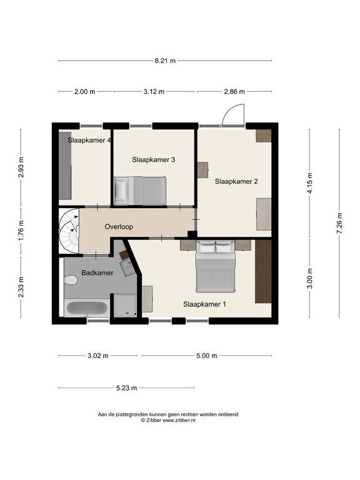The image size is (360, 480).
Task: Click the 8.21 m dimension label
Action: [x=165, y=61]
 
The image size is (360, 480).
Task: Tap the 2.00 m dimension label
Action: [x=84, y=91]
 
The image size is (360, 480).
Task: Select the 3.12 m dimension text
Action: [x=154, y=91]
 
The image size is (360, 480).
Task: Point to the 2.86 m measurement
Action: [x=234, y=91]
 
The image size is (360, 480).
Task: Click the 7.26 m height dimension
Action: [x=339, y=223]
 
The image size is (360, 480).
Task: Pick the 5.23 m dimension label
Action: [x=126, y=388]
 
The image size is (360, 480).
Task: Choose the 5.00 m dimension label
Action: [x=207, y=356]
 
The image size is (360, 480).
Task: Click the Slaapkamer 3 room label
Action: [x=153, y=159]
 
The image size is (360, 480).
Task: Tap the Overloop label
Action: [x=119, y=227]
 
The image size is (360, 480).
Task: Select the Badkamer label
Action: [x=97, y=272]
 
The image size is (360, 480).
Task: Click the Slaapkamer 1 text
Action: [x=204, y=304]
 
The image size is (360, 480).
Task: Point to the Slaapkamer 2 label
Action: [x=236, y=181]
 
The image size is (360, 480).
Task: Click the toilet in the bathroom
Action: [x=70, y=280]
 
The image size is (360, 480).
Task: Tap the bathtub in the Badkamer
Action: [x=87, y=308]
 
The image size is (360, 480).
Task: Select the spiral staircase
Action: [x=69, y=231]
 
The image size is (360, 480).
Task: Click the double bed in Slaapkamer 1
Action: [x=216, y=266]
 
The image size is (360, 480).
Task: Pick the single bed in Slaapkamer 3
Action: [x=140, y=191]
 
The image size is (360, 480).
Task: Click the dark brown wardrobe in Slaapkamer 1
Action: [x=263, y=271]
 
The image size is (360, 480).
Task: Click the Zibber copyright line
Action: [x=168, y=420]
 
